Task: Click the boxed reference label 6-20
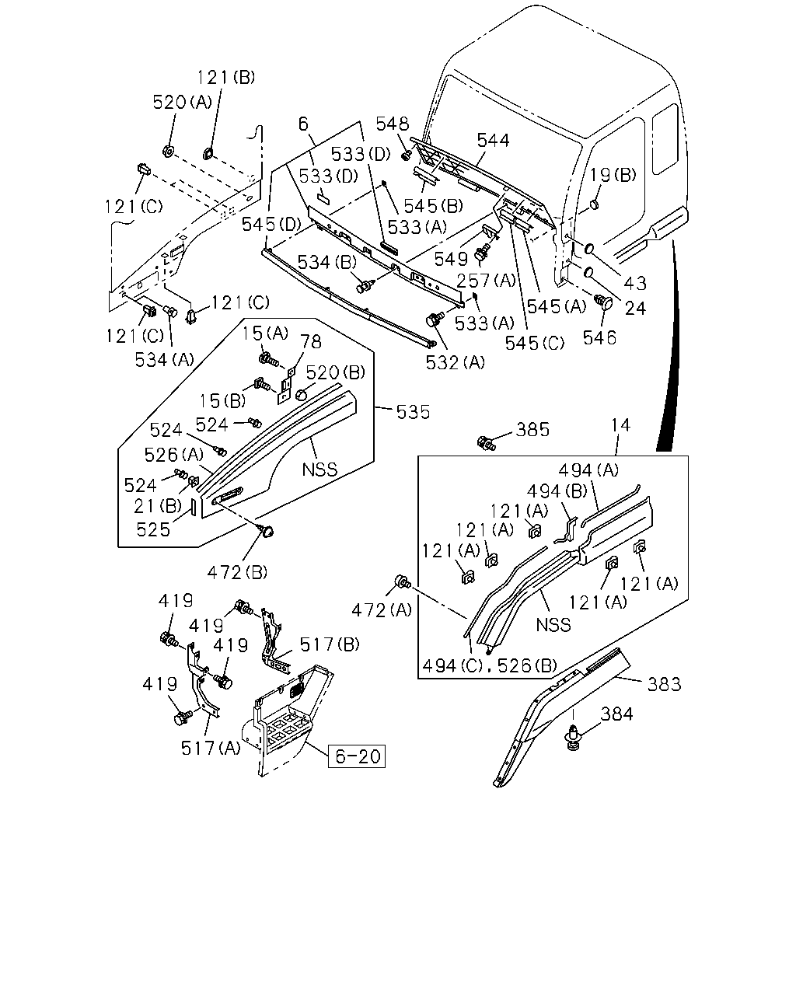point(357,756)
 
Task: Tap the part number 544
point(493,140)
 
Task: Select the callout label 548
point(393,124)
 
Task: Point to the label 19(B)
point(613,175)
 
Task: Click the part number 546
point(599,338)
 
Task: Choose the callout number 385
point(532,430)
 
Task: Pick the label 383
point(664,684)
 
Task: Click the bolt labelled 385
point(486,443)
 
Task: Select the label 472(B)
point(237,573)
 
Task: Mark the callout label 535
point(413,412)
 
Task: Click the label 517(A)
point(211,748)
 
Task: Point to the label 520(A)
point(182,102)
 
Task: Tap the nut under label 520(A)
point(169,151)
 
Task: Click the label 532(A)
point(455,363)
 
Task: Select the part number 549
point(451,260)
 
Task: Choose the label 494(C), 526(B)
point(490,665)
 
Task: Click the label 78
point(311,342)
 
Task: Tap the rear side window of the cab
point(665,139)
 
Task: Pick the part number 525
point(153,530)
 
